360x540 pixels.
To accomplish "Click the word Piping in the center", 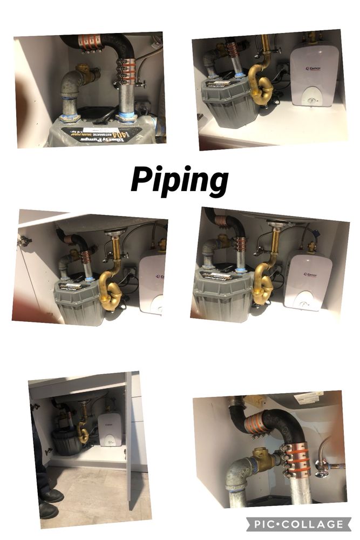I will pyautogui.click(x=179, y=180).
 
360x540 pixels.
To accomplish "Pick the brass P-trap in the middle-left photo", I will pyautogui.click(x=111, y=292).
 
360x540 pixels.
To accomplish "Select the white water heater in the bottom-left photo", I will pyautogui.click(x=110, y=429).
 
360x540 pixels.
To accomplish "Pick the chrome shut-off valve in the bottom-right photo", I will pyautogui.click(x=323, y=467).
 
